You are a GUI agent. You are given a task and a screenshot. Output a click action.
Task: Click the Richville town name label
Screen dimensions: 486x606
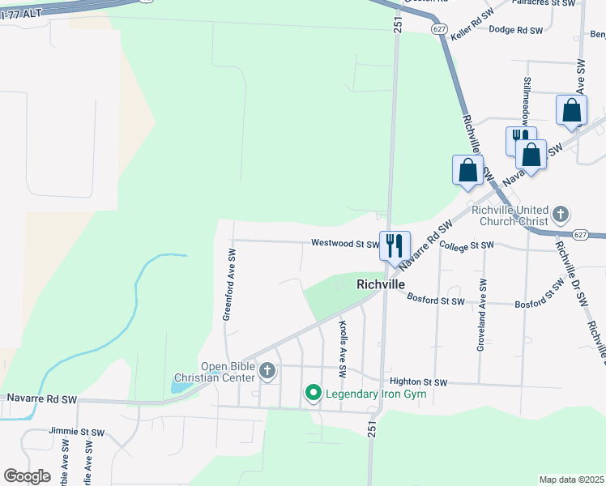(381, 284)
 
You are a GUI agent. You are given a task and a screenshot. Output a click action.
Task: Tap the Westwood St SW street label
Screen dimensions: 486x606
(345, 243)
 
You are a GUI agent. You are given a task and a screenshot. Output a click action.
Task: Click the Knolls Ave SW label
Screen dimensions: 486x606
(343, 349)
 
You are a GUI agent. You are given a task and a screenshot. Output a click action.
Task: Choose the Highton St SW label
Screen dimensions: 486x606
(418, 382)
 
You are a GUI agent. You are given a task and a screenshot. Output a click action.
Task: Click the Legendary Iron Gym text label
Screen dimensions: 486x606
(376, 394)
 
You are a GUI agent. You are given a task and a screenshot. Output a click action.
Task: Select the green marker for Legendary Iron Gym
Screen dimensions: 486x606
(313, 393)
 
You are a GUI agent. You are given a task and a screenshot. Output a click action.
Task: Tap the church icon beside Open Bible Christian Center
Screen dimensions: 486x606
(267, 371)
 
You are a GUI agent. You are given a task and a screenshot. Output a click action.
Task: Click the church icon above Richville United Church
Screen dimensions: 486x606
(559, 215)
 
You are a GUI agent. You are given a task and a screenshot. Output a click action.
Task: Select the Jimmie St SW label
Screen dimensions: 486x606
(77, 432)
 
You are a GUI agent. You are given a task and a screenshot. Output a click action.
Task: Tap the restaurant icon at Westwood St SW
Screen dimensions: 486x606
(395, 245)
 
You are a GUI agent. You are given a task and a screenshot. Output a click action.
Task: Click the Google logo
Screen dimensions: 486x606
(27, 476)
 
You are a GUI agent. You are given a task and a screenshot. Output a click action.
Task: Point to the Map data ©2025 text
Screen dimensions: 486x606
(570, 480)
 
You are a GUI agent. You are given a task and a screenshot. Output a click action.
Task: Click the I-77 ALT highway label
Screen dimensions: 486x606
(24, 14)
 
